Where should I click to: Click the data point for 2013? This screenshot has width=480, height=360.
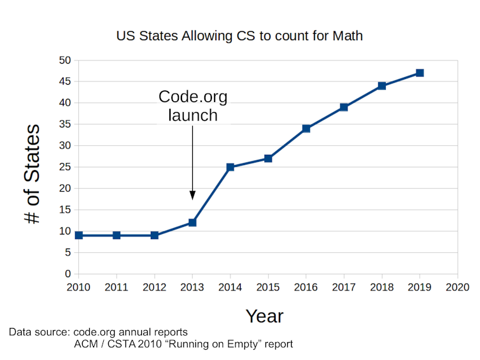pyautogui.click(x=192, y=222)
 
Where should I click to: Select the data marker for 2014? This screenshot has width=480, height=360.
pyautogui.click(x=230, y=167)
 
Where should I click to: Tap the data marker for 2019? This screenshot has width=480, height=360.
pyautogui.click(x=420, y=73)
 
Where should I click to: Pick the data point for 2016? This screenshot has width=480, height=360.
pyautogui.click(x=306, y=128)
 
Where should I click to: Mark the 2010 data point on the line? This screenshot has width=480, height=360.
pyautogui.click(x=79, y=235)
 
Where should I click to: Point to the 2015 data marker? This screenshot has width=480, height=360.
pyautogui.click(x=268, y=158)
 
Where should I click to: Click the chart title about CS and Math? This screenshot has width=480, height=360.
pyautogui.click(x=239, y=36)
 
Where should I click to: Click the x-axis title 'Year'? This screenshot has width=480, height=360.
pyautogui.click(x=264, y=315)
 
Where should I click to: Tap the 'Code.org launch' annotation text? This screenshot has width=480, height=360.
pyautogui.click(x=192, y=106)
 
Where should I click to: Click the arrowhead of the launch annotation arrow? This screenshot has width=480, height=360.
pyautogui.click(x=192, y=196)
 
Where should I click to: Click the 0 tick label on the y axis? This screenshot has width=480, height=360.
pyautogui.click(x=67, y=274)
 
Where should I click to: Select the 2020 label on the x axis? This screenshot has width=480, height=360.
pyautogui.click(x=457, y=287)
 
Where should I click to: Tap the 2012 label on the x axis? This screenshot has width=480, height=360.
pyautogui.click(x=154, y=287)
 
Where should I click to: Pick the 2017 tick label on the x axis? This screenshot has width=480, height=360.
pyautogui.click(x=344, y=287)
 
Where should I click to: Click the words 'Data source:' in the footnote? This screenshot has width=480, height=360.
pyautogui.click(x=39, y=333)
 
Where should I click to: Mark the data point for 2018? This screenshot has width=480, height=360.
pyautogui.click(x=381, y=85)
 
